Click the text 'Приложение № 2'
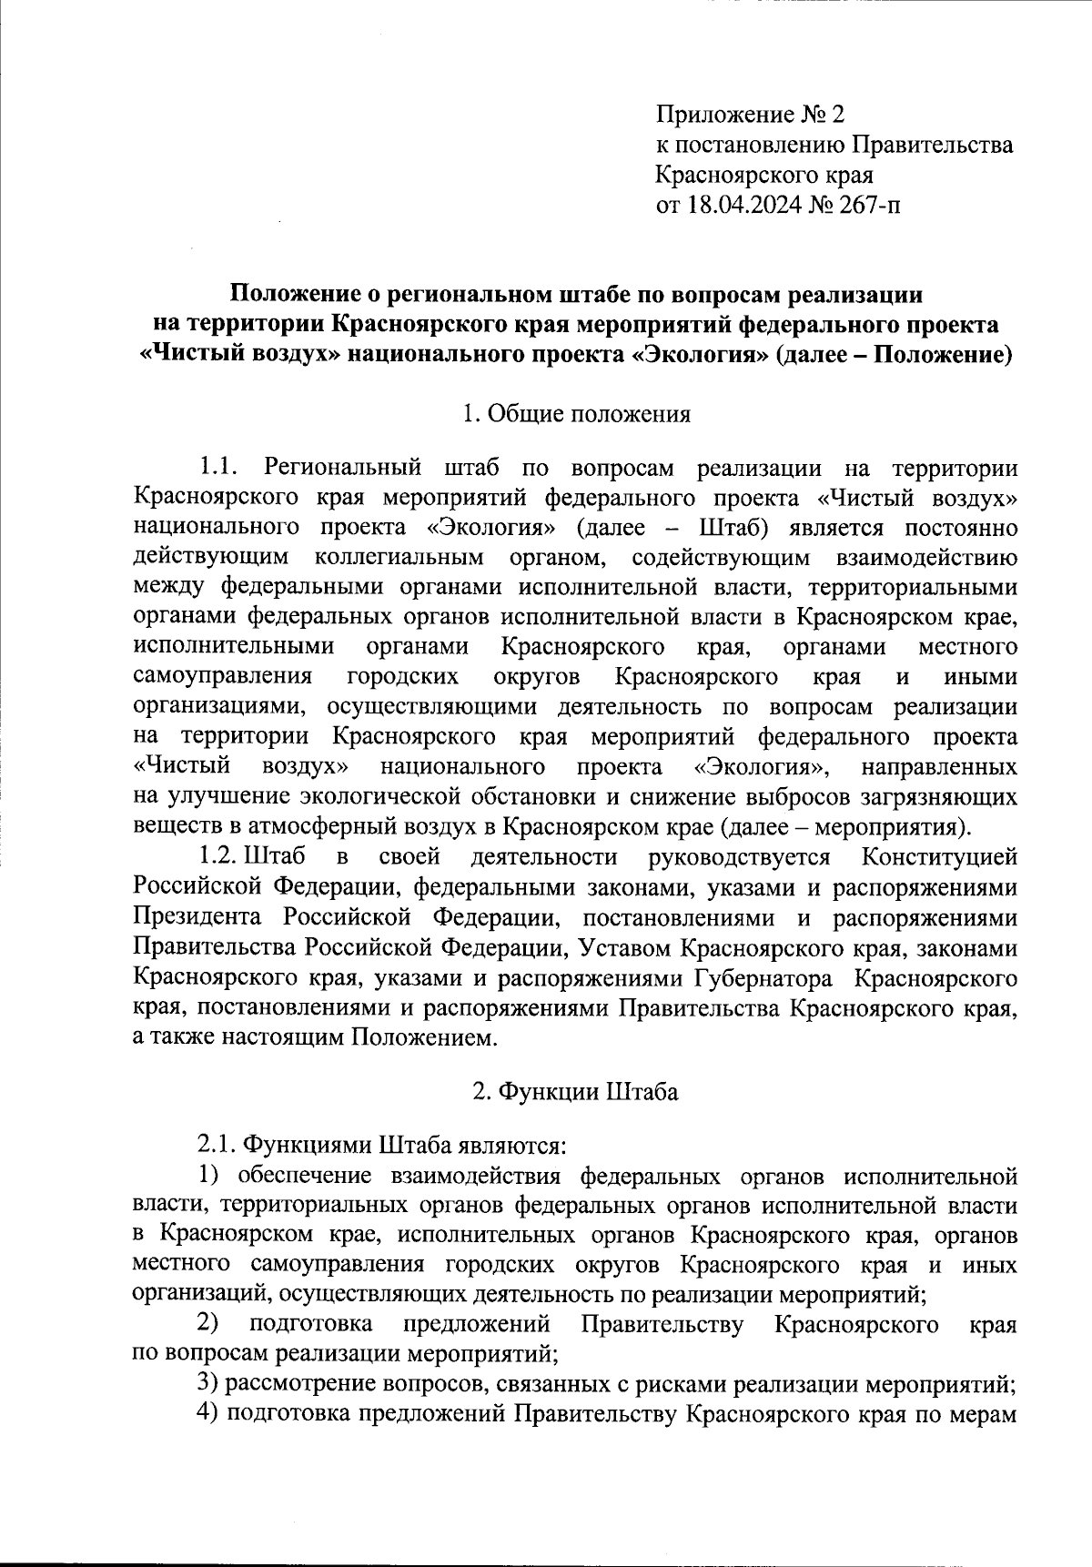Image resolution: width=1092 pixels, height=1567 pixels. (750, 115)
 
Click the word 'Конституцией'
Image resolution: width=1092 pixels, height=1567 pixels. (939, 856)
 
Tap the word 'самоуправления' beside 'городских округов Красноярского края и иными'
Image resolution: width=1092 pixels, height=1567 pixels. (222, 676)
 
